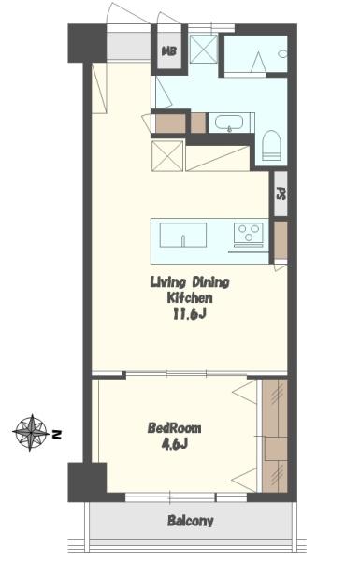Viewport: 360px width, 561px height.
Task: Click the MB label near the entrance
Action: [x=169, y=51]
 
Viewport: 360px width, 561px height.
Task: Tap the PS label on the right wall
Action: [x=281, y=194]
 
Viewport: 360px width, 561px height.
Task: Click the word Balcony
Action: [x=191, y=521]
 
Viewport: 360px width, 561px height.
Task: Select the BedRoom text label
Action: [x=174, y=428]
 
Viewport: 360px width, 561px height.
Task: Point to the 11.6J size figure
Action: [x=189, y=314]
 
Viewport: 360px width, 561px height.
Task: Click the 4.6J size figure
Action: [x=174, y=444]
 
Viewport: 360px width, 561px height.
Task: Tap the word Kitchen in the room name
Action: [x=190, y=298]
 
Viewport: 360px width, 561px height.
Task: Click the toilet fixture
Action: [x=271, y=145]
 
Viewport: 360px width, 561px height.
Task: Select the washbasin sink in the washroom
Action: [x=229, y=122]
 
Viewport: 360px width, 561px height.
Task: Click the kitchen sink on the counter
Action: [x=183, y=235]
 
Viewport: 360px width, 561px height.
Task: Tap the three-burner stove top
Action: [x=249, y=233]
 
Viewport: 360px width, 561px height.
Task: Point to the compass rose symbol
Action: [x=31, y=432]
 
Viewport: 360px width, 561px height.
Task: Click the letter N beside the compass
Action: [x=56, y=435]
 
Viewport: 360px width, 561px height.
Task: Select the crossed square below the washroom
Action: [x=167, y=156]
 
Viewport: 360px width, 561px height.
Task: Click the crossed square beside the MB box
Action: [x=203, y=49]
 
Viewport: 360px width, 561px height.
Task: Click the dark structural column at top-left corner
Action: [x=87, y=43]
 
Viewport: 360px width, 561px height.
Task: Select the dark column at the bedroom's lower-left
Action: [x=87, y=482]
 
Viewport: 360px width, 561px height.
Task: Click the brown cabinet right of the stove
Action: [x=281, y=240]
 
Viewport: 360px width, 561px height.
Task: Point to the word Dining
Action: [x=210, y=282]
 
